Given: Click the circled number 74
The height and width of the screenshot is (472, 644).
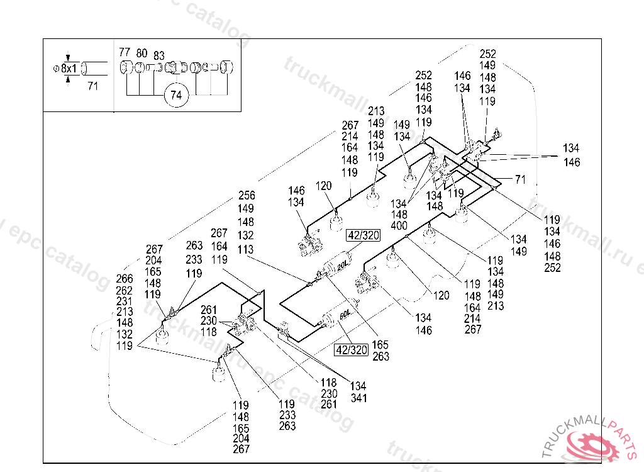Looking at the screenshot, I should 175,95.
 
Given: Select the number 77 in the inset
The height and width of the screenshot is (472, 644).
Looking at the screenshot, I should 125,53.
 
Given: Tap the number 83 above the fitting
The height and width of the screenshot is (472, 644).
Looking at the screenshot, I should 159,55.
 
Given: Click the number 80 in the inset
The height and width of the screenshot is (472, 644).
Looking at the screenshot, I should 142,53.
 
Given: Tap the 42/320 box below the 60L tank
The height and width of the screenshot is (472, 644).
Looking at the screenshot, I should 351,350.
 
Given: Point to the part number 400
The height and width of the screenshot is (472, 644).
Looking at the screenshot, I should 399,226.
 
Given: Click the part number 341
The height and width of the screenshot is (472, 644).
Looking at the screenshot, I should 358,398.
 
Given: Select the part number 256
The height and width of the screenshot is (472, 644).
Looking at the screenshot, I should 247,196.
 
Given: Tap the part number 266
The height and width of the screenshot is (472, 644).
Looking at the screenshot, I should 125,279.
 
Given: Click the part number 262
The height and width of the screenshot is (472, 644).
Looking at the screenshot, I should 125,291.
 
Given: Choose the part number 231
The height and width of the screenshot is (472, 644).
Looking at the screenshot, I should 125,301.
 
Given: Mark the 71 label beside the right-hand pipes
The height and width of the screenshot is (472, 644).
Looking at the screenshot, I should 519,180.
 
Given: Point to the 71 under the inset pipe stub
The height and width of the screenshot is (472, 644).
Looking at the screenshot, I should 92,87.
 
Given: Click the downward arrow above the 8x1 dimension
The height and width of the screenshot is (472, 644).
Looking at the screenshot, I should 68,58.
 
